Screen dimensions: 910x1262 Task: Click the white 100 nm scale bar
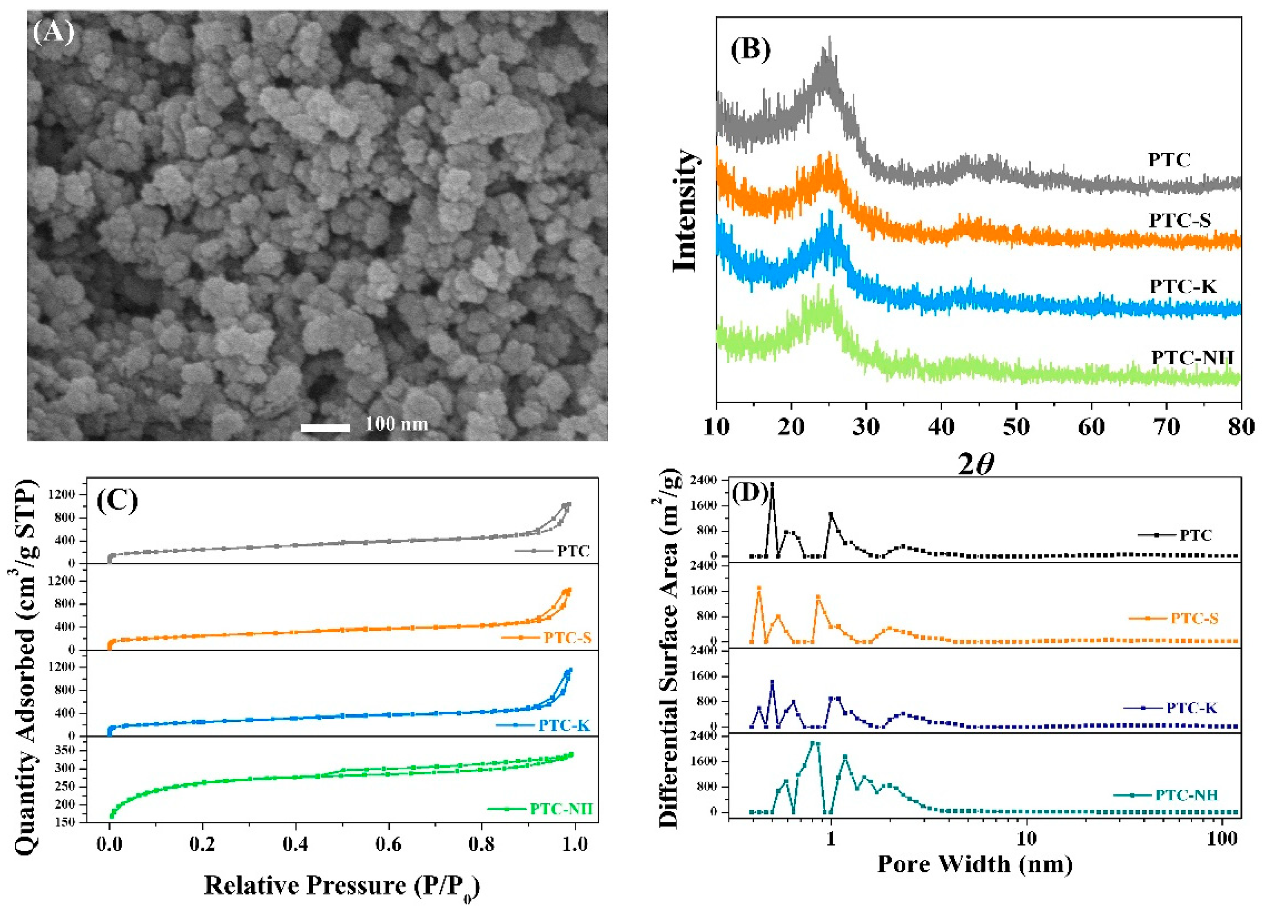[325, 427]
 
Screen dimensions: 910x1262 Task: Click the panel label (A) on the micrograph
[53, 32]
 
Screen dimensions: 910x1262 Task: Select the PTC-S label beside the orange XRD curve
[1180, 220]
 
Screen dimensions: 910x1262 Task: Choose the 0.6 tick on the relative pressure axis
[388, 844]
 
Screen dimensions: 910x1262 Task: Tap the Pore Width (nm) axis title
[975, 864]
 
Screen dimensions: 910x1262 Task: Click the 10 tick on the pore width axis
[1027, 838]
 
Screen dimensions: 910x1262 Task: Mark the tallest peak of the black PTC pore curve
[772, 484]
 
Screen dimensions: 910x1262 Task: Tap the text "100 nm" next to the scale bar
[396, 424]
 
